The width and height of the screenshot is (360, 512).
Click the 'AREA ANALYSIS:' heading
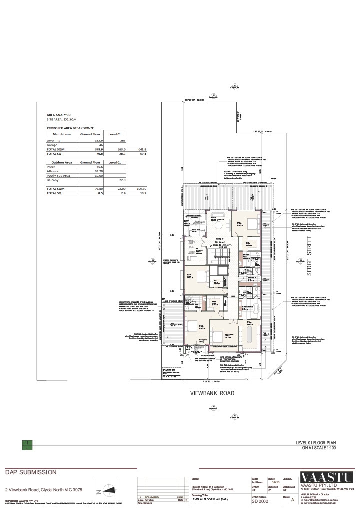[x=59, y=115]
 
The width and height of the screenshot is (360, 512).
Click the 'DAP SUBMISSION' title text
[x=31, y=472]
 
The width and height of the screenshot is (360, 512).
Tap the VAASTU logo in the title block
[x=327, y=477]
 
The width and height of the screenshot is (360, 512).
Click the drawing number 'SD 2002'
[x=260, y=501]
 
